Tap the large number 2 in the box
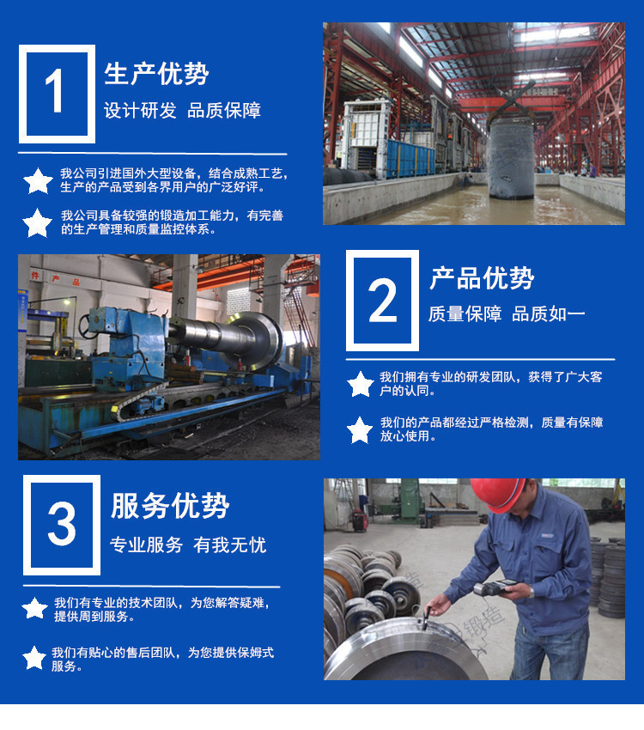[382, 301]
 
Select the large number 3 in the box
[62, 524]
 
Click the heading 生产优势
[156, 74]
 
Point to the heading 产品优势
[482, 278]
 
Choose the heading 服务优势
[170, 506]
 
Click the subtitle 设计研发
[140, 111]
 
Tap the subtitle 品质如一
[548, 314]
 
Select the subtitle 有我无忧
[230, 545]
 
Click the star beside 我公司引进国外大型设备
[38, 181]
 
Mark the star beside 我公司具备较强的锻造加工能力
[37, 223]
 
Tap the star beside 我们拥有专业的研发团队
[361, 384]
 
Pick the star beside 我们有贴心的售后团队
[34, 658]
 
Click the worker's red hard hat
[498, 495]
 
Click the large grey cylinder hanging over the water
[510, 158]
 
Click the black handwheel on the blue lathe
[88, 325]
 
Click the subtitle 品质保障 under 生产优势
[224, 111]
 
